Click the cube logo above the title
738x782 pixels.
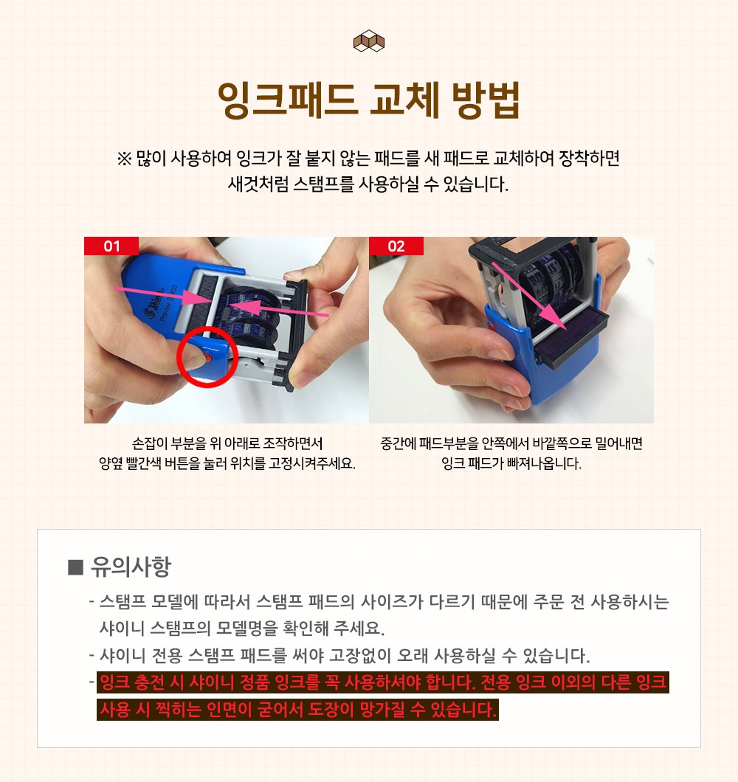tap(369, 41)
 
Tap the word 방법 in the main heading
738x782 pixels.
tap(486, 100)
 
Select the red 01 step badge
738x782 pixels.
tap(111, 246)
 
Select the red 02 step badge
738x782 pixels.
tap(396, 246)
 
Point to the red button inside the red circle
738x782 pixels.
tap(208, 358)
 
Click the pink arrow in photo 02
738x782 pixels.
tap(529, 295)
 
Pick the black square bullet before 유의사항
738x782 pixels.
tap(75, 567)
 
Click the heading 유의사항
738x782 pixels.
tap(131, 567)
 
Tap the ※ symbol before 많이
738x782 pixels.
tap(124, 159)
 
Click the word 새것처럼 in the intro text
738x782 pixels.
tap(258, 184)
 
